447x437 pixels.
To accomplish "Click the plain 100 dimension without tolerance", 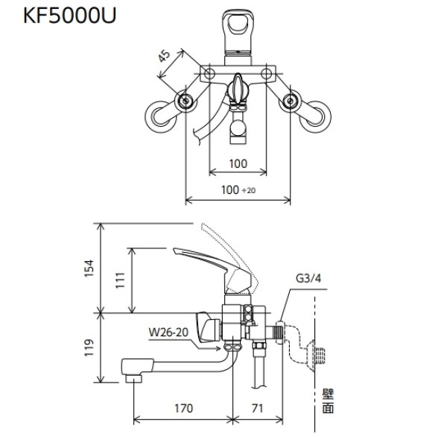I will click(x=237, y=163).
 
